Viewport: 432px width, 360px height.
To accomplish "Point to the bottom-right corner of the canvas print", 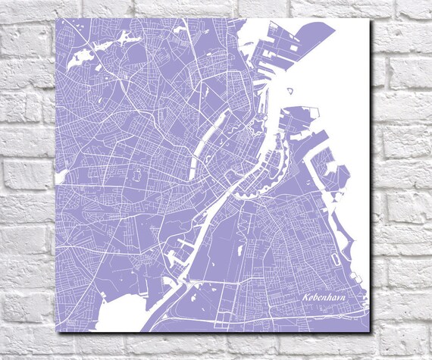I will point(369,331).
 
